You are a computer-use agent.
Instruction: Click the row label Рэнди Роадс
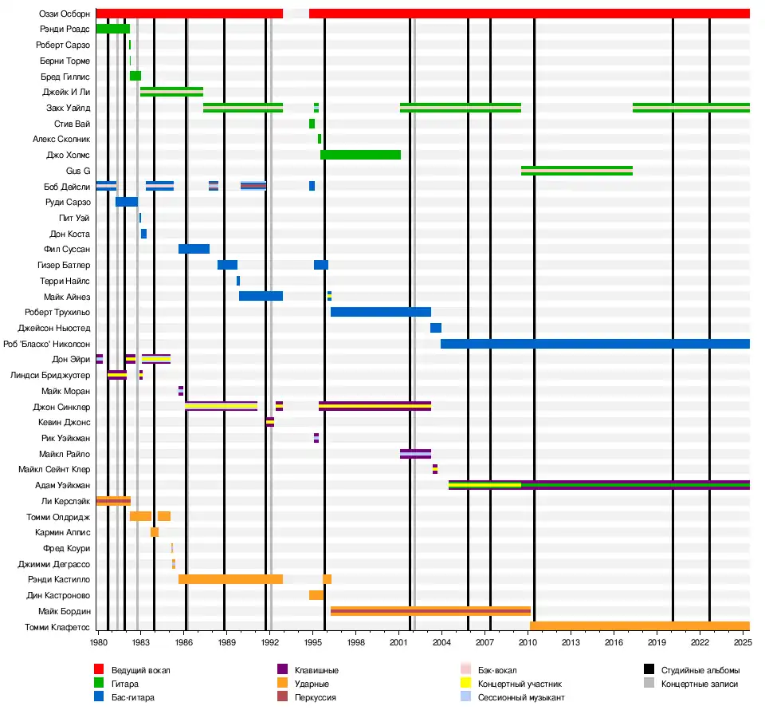69,29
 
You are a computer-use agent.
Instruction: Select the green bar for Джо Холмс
360,155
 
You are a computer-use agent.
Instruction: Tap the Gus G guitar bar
576,170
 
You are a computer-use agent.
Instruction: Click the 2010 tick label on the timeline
528,641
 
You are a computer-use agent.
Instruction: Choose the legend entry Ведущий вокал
140,670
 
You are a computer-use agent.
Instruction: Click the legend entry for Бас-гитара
132,697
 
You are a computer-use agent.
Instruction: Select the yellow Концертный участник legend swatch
467,684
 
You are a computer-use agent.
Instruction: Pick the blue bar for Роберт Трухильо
380,312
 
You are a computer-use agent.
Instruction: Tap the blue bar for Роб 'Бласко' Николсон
594,344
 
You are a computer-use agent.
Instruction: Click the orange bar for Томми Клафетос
639,626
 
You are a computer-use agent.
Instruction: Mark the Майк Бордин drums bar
430,611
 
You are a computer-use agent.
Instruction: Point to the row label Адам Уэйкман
62,485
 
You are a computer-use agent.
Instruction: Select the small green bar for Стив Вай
312,124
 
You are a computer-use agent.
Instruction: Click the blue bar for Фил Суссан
194,249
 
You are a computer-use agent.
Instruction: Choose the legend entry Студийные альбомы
700,670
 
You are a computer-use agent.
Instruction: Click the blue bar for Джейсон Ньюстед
436,328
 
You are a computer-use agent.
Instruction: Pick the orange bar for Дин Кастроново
316,595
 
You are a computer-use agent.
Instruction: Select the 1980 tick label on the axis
98,641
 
